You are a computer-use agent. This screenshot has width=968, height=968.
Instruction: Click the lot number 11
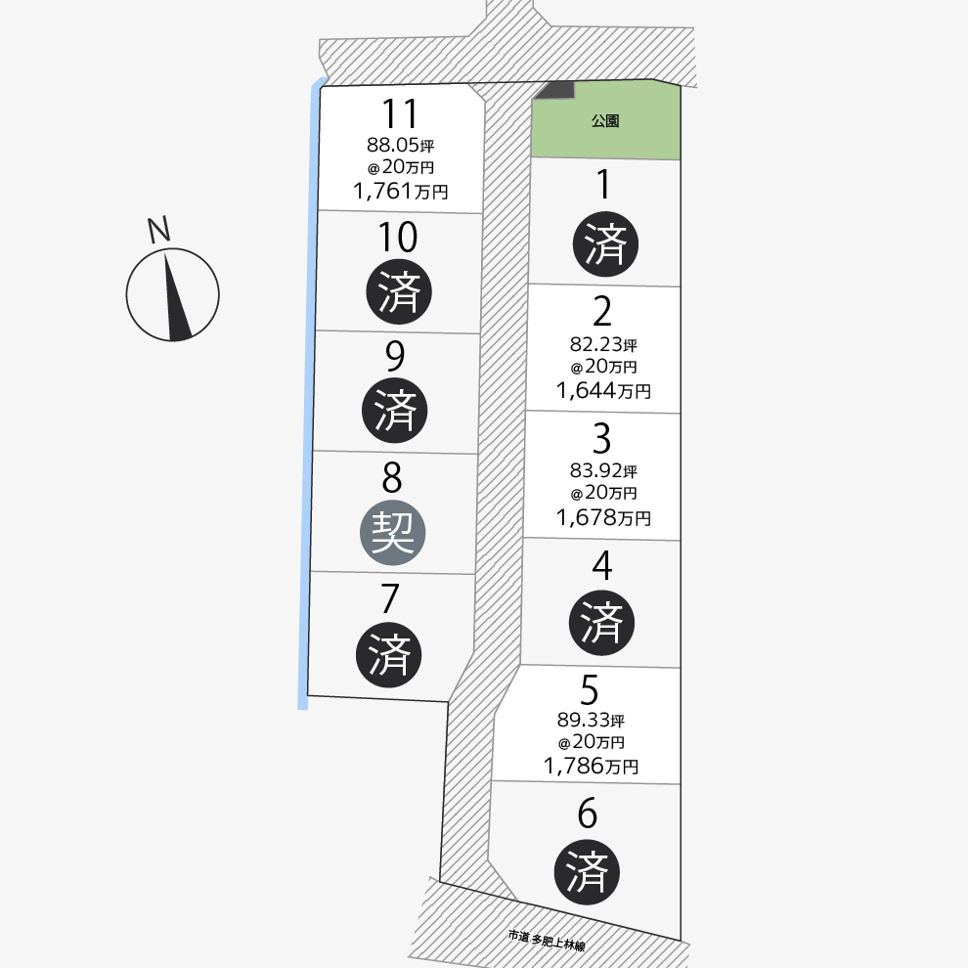401,114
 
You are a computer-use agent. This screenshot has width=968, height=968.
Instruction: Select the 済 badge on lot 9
395,411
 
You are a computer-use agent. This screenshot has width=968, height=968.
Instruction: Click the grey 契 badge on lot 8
393,534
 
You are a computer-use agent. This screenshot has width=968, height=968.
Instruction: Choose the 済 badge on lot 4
602,620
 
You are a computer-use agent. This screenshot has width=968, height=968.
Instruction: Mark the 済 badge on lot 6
588,871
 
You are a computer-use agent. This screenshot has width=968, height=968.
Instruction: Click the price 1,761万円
402,192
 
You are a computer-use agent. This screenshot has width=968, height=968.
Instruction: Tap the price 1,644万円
603,391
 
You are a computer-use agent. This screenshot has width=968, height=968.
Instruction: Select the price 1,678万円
603,517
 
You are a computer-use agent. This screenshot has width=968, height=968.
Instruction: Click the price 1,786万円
591,766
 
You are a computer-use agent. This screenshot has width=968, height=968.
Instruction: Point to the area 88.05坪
400,145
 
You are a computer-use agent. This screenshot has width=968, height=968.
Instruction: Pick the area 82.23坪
603,344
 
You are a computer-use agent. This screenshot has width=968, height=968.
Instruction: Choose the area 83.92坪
603,471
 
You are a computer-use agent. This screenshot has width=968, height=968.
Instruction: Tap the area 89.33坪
591,720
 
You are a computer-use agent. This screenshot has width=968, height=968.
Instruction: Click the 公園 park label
605,122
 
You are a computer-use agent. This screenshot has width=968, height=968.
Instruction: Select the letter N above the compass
158,231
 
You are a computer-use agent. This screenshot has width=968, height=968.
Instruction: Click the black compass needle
177,297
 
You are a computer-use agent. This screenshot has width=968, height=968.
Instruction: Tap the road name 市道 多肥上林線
546,941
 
